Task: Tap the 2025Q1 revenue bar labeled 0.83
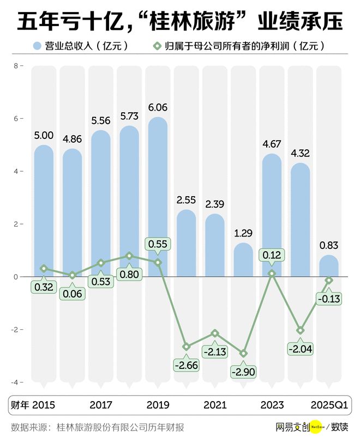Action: point(328,266)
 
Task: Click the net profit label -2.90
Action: point(243,372)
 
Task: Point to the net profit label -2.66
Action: point(186,364)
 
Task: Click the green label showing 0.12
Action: point(271,255)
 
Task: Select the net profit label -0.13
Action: point(328,298)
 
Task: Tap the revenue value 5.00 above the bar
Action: point(44,136)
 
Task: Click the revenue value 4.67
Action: point(271,144)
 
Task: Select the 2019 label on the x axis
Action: point(158,405)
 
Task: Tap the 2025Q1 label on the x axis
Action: point(328,405)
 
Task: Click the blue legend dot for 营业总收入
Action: point(38,46)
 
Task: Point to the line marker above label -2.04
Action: point(300,330)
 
